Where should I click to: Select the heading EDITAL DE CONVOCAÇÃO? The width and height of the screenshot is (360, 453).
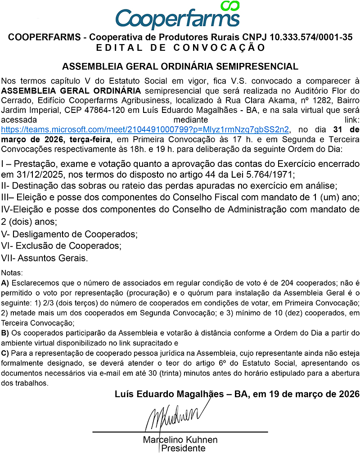(180, 47)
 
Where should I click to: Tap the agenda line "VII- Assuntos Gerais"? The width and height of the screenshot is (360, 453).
(45, 258)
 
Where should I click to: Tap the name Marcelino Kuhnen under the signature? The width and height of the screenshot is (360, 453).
(180, 440)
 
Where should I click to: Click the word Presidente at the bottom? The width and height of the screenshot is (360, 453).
(183, 448)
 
